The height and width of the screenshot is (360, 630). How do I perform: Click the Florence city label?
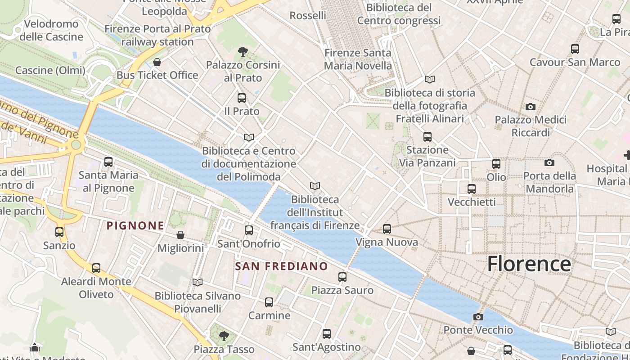pos(529,264)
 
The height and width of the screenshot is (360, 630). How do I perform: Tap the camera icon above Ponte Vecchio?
pos(478,317)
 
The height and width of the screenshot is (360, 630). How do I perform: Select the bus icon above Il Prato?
pos(242,98)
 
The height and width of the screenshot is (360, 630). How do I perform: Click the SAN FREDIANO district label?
pos(282,266)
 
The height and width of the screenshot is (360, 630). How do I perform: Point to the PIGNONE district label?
pos(135,225)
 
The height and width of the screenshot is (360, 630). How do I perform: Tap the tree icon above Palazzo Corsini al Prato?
pos(243,52)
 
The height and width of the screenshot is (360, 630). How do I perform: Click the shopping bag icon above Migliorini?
pos(180,235)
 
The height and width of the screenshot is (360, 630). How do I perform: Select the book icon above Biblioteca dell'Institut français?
pos(315,186)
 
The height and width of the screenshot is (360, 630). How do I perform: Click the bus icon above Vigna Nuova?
pos(387,229)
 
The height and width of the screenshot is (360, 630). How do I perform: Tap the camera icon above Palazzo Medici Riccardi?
pos(531,107)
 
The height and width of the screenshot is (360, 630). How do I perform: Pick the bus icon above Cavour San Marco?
pos(575,49)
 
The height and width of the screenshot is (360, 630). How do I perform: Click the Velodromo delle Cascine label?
pos(51,30)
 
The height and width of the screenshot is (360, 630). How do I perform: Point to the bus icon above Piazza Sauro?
pos(342,277)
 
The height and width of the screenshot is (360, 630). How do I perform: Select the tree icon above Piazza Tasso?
pos(224,336)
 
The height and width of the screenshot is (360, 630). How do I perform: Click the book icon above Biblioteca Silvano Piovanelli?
pos(197,282)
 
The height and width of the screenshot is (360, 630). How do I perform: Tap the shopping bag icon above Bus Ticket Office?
pos(157,62)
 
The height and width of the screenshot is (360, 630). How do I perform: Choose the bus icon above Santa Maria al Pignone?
pos(108,162)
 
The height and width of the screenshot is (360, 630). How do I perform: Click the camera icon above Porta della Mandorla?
pos(549,162)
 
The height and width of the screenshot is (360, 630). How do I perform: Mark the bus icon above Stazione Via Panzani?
pos(427,137)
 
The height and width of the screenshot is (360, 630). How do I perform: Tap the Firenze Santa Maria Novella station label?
pos(358,59)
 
